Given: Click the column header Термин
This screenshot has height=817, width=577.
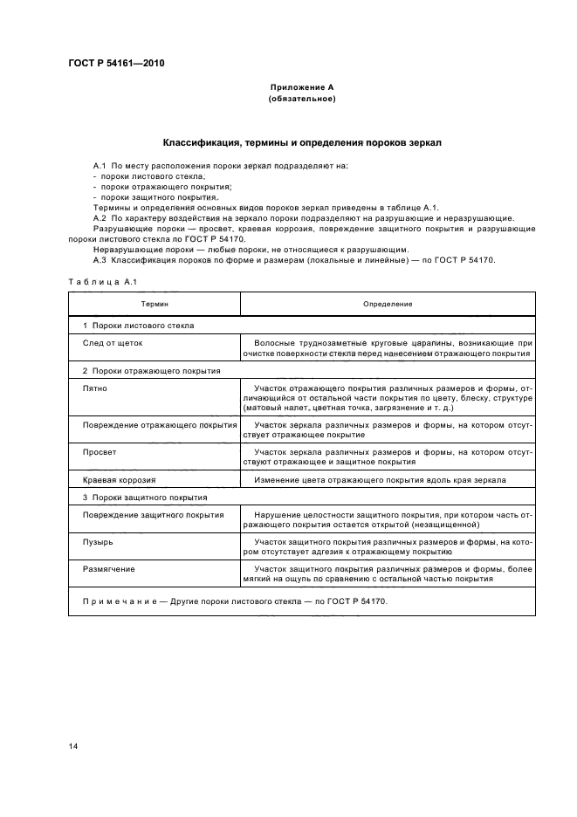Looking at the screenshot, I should (x=155, y=303).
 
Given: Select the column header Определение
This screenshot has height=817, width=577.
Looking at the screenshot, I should (x=388, y=303).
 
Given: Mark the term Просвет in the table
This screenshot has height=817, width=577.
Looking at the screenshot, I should (x=100, y=452).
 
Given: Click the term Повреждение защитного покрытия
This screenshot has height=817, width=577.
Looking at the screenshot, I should (x=153, y=515).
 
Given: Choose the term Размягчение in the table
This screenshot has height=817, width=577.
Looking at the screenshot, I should (x=108, y=570).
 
